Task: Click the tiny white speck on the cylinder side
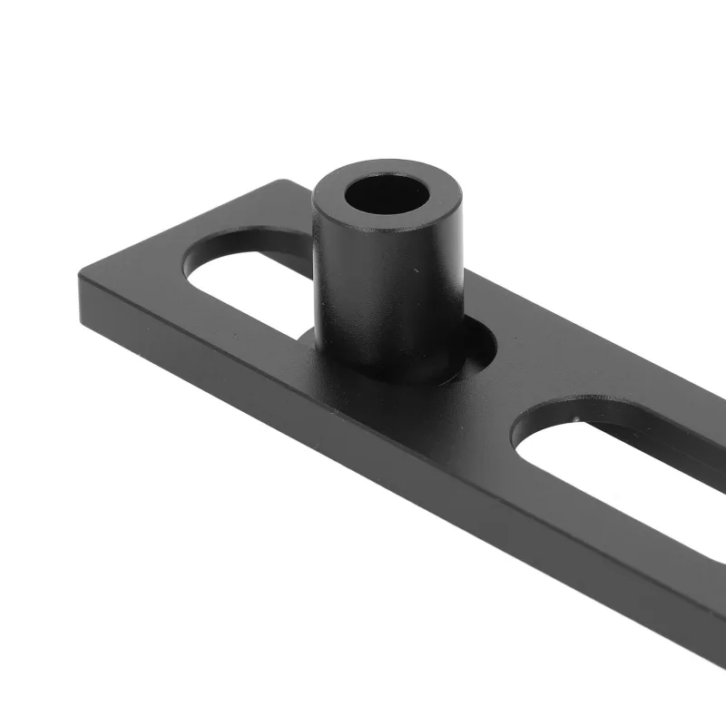click(x=415, y=270)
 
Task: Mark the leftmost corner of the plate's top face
click(x=80, y=273)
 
